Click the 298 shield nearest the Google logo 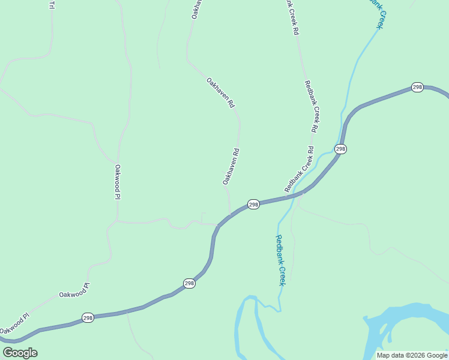[x=88, y=317]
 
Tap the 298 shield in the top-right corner [x=417, y=88]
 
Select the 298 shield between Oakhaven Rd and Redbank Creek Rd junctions [x=253, y=205]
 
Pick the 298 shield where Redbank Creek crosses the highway [x=340, y=149]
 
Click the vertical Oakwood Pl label [x=118, y=182]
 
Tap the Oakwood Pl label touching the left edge [x=14, y=323]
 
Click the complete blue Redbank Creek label [x=280, y=260]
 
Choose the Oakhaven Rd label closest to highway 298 [x=231, y=166]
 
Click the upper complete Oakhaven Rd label [x=220, y=92]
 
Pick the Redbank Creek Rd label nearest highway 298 [x=300, y=169]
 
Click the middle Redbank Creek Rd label [x=310, y=106]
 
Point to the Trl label [x=52, y=5]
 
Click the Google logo [x=20, y=353]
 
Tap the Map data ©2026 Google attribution [x=412, y=355]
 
